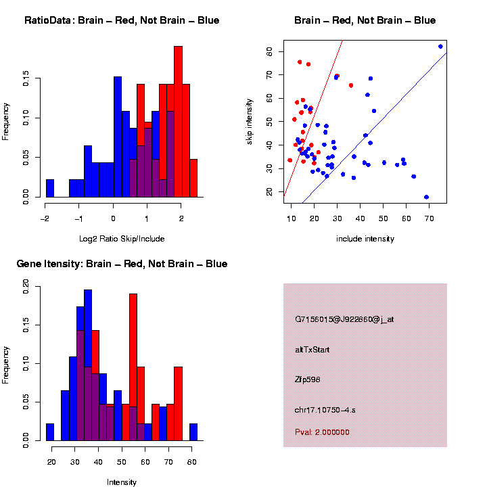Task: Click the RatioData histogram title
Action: point(122,20)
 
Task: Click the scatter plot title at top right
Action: point(365,20)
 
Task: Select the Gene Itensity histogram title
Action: point(122,264)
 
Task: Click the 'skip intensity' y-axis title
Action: point(258,118)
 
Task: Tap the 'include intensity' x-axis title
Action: point(365,239)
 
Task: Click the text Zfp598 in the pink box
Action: point(308,379)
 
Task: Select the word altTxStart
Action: point(312,350)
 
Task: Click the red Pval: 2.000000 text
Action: point(323,432)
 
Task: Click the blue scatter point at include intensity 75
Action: point(440,47)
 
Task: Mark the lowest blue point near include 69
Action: point(427,197)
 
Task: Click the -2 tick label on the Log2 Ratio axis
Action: point(45,218)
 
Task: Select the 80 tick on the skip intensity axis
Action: point(269,51)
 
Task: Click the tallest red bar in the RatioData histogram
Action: point(178,122)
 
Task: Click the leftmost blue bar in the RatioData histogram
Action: point(49,189)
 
